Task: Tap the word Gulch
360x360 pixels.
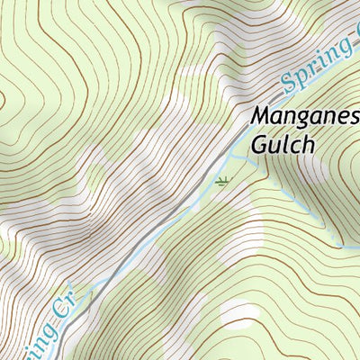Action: point(283,144)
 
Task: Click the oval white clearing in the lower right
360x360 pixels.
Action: point(238,311)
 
